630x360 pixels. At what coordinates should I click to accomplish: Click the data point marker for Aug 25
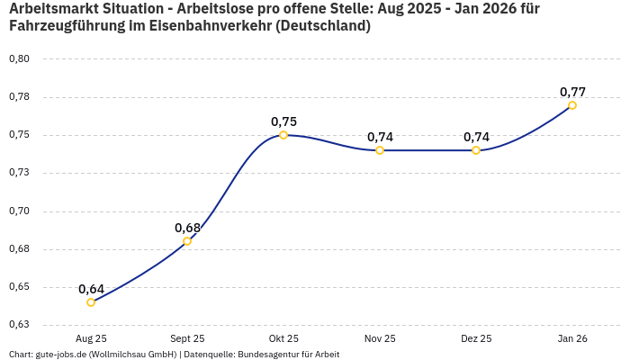(91, 302)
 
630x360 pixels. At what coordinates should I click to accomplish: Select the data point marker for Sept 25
(187, 241)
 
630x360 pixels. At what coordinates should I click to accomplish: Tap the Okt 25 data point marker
(283, 135)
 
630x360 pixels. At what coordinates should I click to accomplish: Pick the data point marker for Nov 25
(380, 150)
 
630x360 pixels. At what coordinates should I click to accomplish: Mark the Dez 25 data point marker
(476, 150)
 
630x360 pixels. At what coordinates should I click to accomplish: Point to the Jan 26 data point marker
(572, 105)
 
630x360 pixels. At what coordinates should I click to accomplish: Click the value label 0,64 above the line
(91, 289)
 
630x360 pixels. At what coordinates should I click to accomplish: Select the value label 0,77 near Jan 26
(572, 92)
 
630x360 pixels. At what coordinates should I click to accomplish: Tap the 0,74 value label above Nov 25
(380, 137)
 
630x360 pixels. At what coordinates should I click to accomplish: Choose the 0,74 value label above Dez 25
(476, 137)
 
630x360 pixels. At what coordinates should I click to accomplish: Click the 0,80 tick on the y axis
(19, 59)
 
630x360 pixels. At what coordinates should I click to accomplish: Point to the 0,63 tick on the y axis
(19, 325)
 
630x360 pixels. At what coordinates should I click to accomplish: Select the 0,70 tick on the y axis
(19, 211)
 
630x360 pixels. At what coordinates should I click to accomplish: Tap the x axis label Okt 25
(283, 338)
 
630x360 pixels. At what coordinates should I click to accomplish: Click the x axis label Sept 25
(187, 338)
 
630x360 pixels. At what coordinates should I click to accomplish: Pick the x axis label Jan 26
(572, 338)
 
